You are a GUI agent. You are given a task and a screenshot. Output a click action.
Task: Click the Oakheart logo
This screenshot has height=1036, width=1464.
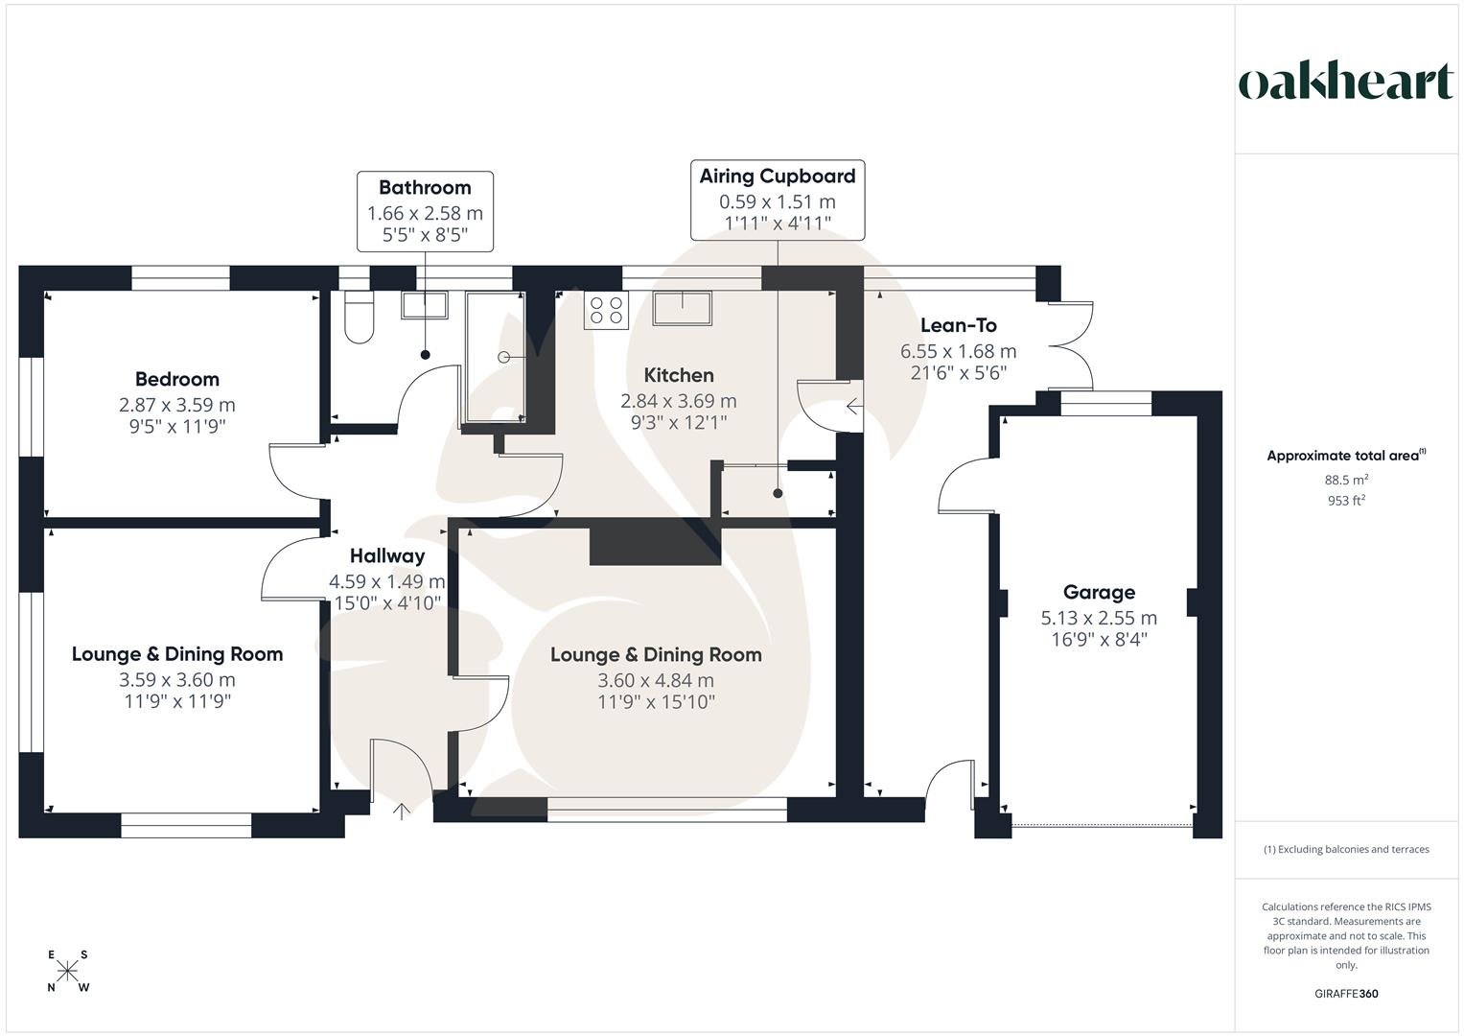coord(1346,82)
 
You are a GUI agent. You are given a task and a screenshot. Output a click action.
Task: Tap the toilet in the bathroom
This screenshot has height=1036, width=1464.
coord(360,318)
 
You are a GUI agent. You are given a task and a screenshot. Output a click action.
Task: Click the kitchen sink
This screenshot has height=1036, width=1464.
coord(683,308)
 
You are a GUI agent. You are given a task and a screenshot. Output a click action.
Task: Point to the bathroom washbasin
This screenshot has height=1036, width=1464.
coord(424,305)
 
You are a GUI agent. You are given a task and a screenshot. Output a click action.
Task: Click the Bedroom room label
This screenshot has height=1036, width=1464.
coord(176,379)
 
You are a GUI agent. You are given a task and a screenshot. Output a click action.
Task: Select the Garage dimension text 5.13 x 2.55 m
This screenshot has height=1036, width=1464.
coord(1099,618)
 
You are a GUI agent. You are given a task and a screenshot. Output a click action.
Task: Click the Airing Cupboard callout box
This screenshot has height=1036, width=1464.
coord(778,200)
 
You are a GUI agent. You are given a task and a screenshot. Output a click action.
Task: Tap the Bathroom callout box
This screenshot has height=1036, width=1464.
coord(425,211)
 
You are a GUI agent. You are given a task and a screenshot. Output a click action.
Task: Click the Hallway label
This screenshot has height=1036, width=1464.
coord(386,555)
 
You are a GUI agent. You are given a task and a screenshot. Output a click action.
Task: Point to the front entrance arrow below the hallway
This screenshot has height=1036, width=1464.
coord(402,812)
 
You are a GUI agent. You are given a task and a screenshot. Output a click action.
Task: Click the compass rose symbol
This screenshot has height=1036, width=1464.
coord(67,971)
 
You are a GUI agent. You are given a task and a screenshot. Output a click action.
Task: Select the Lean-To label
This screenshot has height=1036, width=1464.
coord(958,325)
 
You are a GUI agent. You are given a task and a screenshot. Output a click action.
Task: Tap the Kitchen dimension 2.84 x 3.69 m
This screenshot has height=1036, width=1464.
coord(679,401)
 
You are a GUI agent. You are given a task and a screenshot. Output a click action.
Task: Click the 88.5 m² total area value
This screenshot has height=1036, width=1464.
coord(1346,480)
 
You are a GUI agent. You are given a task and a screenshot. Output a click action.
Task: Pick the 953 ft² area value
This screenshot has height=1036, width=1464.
coord(1346,500)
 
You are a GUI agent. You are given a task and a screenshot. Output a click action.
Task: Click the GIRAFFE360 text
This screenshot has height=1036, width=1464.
coord(1346,994)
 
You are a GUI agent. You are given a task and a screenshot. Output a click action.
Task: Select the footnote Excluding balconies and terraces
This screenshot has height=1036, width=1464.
coord(1346,849)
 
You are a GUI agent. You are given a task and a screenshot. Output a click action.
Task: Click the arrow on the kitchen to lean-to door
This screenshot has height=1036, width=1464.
coord(853,407)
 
